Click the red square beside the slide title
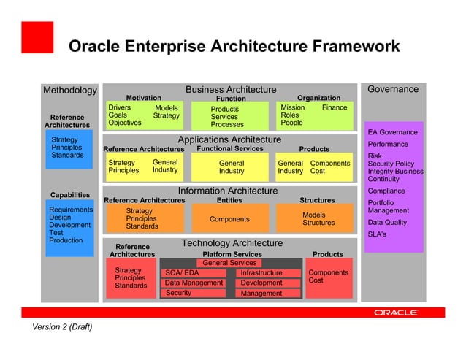37,37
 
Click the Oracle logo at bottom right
395,312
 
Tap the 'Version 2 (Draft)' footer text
62,327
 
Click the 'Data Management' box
193,283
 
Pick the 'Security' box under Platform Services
193,293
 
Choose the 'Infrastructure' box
270,273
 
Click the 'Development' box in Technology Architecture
270,283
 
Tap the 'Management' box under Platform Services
270,293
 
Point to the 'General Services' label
229,263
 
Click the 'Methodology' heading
69,91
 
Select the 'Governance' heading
393,89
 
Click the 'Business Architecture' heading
231,90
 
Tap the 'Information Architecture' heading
228,191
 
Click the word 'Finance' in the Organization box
335,107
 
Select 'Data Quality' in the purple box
388,223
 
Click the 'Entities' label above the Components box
229,199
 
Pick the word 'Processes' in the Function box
227,125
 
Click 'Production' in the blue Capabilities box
66,240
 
